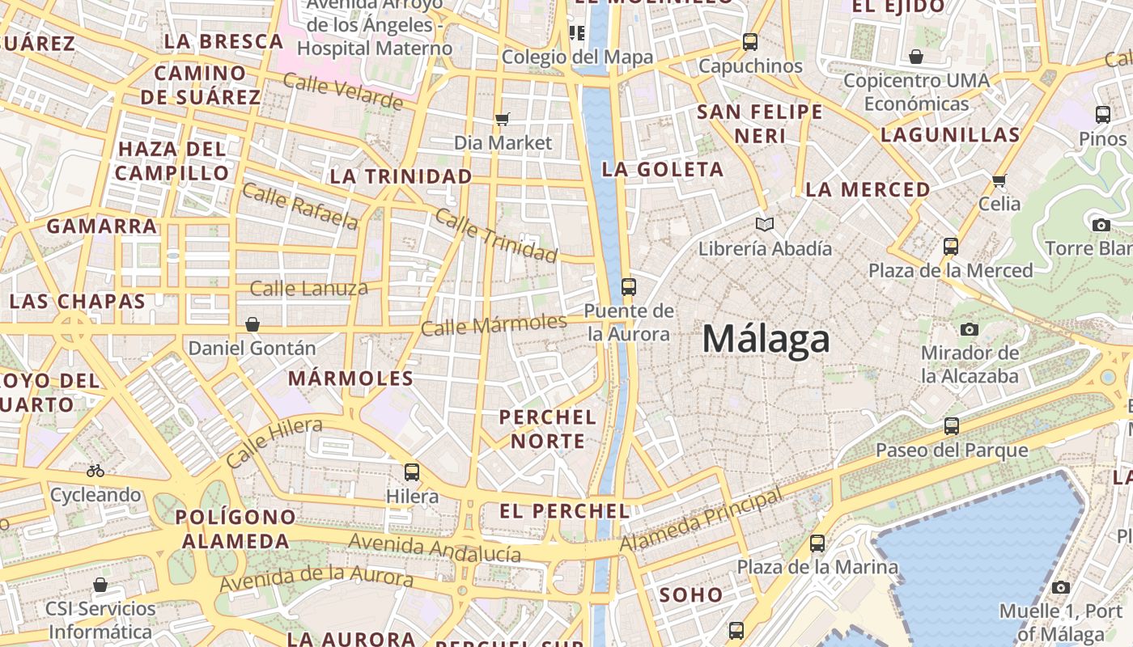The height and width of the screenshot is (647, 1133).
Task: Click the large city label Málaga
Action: point(766,339)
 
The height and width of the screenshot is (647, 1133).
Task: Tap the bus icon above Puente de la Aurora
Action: point(628,286)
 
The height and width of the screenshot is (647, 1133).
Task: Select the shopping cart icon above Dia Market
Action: point(502,120)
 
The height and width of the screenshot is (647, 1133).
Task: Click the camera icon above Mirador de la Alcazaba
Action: point(969,329)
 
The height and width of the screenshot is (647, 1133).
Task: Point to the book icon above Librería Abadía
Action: point(764,224)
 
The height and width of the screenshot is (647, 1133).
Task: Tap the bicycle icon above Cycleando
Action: point(95,470)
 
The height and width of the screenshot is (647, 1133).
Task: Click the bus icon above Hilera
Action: point(412,472)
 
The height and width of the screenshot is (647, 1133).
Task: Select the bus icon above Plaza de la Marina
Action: point(817,543)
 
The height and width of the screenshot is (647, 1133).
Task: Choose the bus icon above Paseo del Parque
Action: point(952,425)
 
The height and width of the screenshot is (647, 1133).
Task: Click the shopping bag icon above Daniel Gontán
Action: point(252,324)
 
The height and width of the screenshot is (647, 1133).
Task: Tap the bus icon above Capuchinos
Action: point(750,41)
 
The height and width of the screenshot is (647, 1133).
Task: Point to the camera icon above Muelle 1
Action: point(1061,587)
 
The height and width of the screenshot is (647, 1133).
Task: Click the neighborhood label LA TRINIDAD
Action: point(401,176)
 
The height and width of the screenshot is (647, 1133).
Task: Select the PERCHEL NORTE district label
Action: point(548,429)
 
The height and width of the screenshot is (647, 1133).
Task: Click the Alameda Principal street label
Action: point(701,521)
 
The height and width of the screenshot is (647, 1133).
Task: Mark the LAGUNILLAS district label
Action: point(950,135)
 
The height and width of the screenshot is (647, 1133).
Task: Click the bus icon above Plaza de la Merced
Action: point(951,246)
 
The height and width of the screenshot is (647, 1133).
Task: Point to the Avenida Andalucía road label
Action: point(435,548)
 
